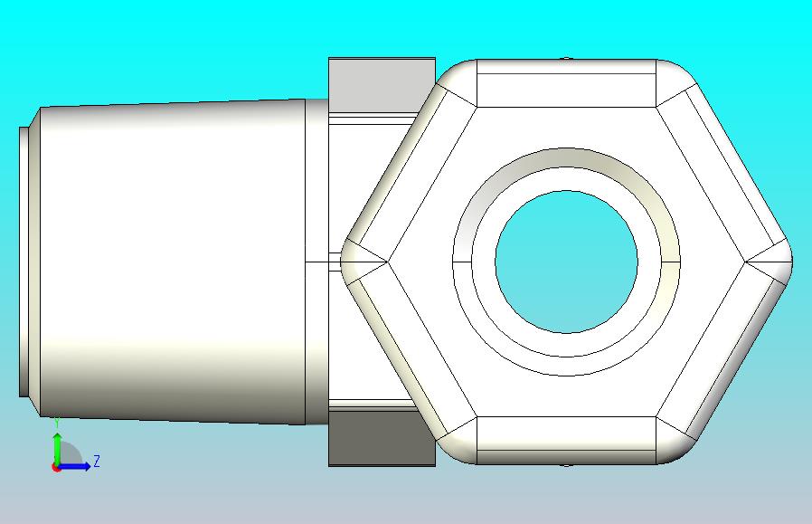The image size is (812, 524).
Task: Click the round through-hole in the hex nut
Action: tap(567, 262)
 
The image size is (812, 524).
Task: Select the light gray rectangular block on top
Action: tap(382, 84)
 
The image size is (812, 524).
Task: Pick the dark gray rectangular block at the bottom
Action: tap(382, 438)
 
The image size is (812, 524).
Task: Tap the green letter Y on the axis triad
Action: tap(58, 424)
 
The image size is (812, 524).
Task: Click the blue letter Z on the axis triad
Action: tap(97, 461)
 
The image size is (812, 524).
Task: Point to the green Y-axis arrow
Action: tap(57, 449)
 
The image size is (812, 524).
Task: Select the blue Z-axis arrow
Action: tap(73, 466)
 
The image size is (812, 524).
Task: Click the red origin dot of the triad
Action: tap(56, 468)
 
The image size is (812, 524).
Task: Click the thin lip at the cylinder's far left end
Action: tap(24, 262)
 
